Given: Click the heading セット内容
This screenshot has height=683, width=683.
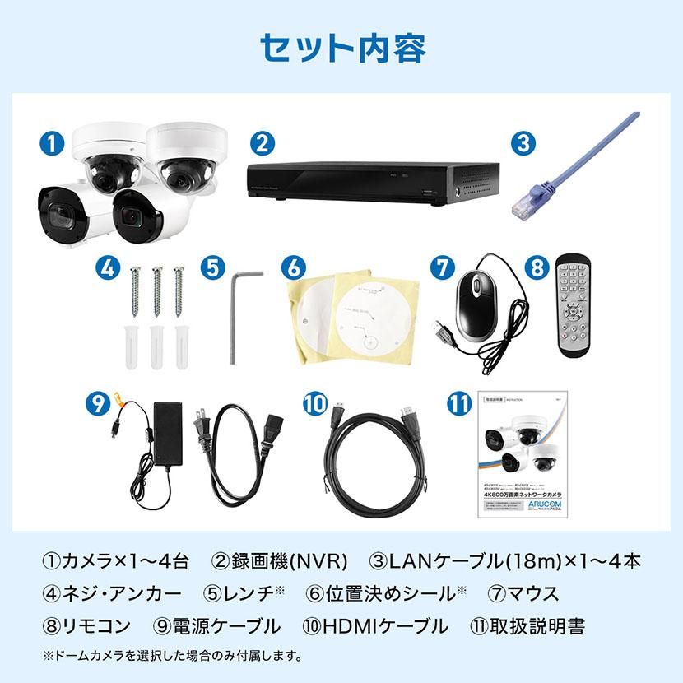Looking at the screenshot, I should (341, 47).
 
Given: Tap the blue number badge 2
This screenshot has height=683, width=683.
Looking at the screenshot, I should (261, 142).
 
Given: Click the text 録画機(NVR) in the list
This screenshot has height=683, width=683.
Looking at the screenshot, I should (280, 563).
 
